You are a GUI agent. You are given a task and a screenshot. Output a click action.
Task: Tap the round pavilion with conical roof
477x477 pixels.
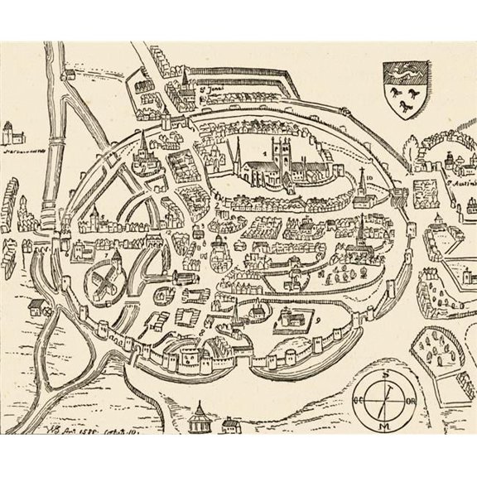[x=200, y=415]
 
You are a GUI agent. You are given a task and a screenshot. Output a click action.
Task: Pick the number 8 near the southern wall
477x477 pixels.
[x=212, y=329]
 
